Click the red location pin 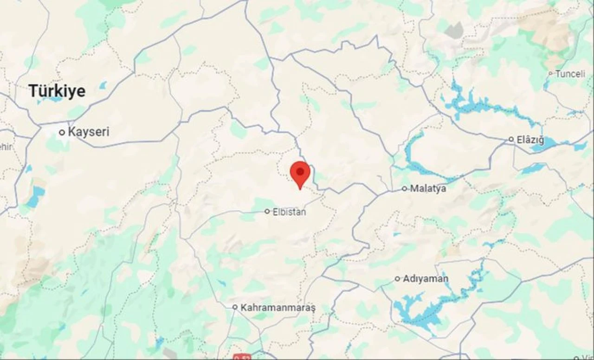click(300, 174)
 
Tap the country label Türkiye click(57, 91)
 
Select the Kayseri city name click(89, 132)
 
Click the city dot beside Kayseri click(62, 132)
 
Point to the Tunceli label click(570, 74)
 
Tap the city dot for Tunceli click(550, 73)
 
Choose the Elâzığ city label click(532, 139)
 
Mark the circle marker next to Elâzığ click(511, 139)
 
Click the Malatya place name click(428, 188)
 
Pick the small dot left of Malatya click(404, 188)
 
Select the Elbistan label click(290, 212)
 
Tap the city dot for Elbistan click(267, 212)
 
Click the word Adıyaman click(426, 279)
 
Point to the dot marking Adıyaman click(398, 279)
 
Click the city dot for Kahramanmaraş click(235, 307)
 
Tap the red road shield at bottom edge click(241, 357)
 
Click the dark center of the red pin click(300, 172)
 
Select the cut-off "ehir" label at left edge click(6, 147)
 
